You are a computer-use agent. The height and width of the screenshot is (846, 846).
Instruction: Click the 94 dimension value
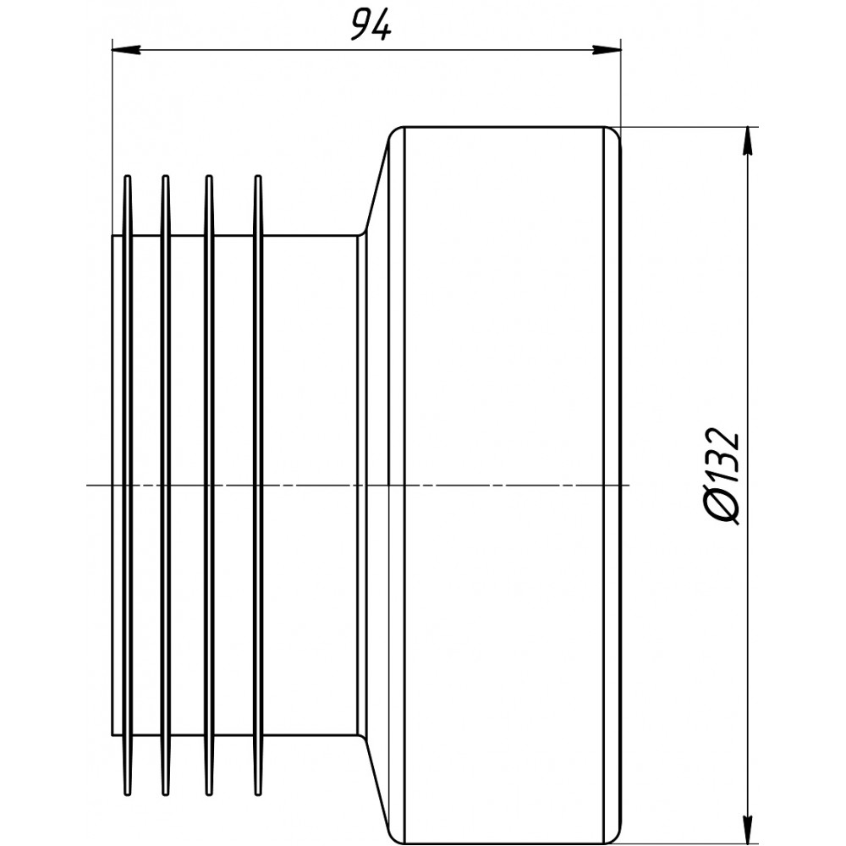click(x=371, y=25)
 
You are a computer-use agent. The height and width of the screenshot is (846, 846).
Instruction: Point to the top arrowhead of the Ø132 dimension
click(x=747, y=141)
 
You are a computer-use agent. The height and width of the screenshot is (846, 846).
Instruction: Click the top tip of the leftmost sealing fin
click(x=128, y=177)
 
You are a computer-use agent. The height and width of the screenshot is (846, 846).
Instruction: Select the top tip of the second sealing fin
click(x=166, y=177)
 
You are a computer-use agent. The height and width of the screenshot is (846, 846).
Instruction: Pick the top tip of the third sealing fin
click(x=209, y=177)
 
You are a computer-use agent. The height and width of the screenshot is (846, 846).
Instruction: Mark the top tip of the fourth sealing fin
click(x=258, y=177)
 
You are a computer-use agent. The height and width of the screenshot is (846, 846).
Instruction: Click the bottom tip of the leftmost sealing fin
click(x=128, y=794)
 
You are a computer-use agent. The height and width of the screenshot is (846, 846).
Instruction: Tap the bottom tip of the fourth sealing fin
click(x=258, y=794)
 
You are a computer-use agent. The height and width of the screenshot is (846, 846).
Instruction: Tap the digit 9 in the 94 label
click(x=360, y=26)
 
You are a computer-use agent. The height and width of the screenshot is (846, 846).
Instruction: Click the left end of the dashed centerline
click(x=87, y=485)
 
